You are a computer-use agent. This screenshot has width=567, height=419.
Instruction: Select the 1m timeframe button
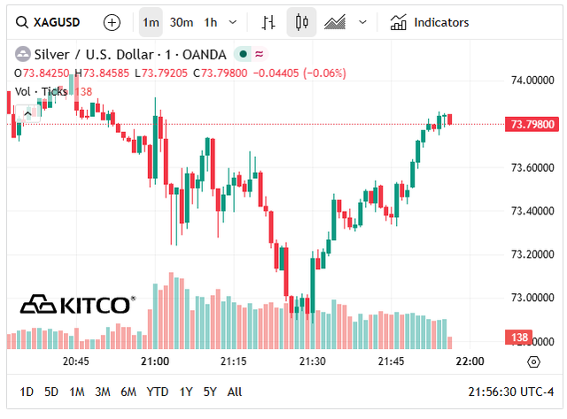coord(151,22)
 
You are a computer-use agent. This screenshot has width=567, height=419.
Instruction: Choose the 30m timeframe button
coord(182,22)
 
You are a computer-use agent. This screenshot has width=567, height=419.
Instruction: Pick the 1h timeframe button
coord(210,22)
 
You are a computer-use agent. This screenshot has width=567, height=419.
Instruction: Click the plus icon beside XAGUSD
coord(112,22)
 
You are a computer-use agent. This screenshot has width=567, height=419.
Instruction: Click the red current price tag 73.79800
coord(531,124)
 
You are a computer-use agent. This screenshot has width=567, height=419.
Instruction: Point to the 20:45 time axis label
coord(75,361)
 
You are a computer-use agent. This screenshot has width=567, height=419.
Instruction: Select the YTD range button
coord(158,392)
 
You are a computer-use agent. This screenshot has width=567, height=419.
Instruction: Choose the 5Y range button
coord(210,392)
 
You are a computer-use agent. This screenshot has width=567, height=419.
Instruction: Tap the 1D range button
coord(27,392)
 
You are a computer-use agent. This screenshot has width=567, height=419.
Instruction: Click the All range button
coord(235,392)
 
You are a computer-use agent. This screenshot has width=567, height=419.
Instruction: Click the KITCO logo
coord(78,305)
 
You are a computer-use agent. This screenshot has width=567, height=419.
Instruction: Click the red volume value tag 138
coord(517,338)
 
